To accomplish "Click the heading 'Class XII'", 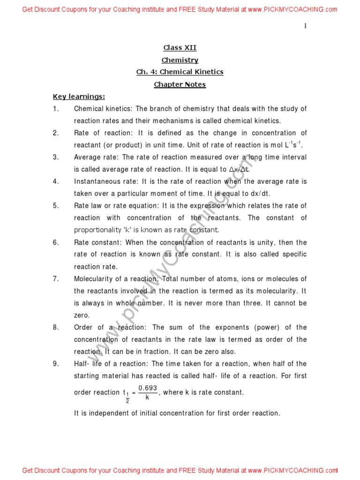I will tap(180, 48).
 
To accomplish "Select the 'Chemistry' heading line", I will tap(180, 60).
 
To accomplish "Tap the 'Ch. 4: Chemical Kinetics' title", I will tap(180, 72).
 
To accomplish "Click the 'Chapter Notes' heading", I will tap(180, 84).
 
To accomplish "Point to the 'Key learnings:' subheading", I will tap(79, 97).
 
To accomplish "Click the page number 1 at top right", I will tap(305, 26).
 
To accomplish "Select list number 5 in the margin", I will tap(56, 206).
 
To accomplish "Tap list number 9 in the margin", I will tap(56, 364).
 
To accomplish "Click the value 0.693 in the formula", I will tap(148, 389).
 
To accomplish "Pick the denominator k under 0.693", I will tap(147, 397).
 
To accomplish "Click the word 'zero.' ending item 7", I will tap(82, 315).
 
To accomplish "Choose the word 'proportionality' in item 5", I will tap(96, 230).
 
